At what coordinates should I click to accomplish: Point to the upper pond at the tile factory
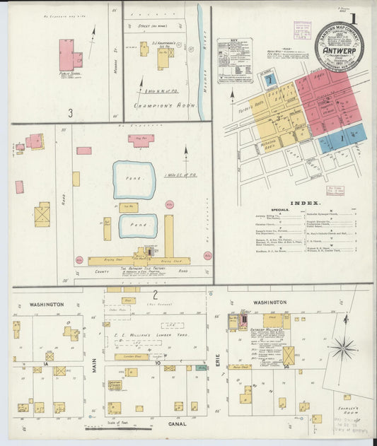coord(134,180)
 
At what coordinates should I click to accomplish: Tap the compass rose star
coord(344,347)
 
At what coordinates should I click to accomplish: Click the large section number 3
coord(70,112)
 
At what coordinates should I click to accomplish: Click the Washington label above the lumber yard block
coord(47,305)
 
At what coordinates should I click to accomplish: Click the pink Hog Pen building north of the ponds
coord(141,140)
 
